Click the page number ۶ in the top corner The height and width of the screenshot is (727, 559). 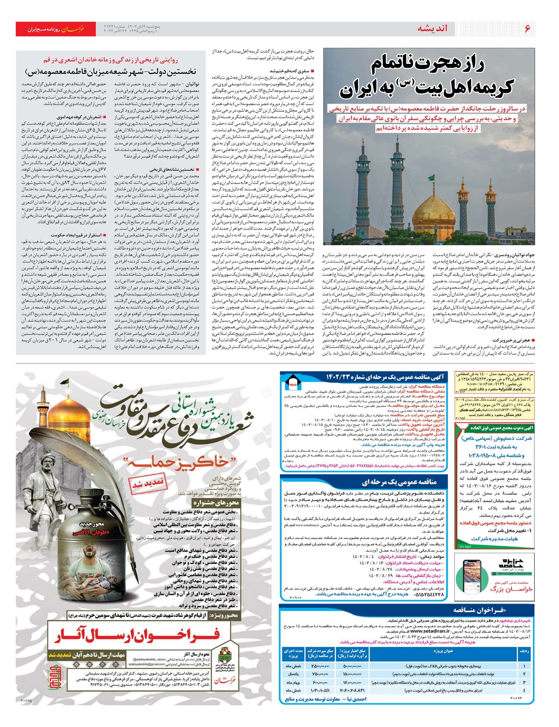pyautogui.click(x=527, y=28)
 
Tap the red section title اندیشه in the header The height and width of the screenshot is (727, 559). pyautogui.click(x=432, y=28)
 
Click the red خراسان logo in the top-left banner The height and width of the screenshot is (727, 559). pyautogui.click(x=74, y=29)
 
